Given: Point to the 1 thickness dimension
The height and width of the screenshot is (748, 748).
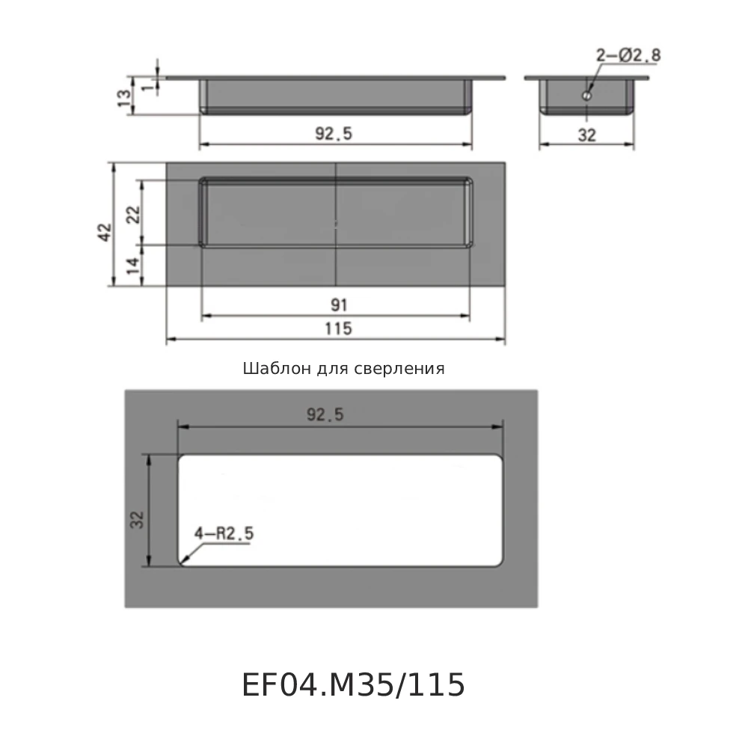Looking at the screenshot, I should (147, 87).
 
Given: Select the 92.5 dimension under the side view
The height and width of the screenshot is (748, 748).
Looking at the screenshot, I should (334, 134).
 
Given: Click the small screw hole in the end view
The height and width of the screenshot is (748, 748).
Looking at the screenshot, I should (588, 96).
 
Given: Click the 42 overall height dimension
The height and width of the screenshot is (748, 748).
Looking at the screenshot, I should (104, 231).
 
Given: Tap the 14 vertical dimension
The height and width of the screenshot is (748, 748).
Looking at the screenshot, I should (133, 266).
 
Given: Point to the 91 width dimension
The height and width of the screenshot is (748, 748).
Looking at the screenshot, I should (338, 305).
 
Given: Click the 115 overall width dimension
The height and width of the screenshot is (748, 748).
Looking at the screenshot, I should (338, 328).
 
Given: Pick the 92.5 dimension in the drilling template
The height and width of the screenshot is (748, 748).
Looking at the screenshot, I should (325, 416).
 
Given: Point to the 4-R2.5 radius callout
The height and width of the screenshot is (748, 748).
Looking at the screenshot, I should (224, 533).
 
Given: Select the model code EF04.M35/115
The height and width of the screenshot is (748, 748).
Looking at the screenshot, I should (353, 685).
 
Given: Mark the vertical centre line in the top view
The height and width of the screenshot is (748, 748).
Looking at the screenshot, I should (337, 224).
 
